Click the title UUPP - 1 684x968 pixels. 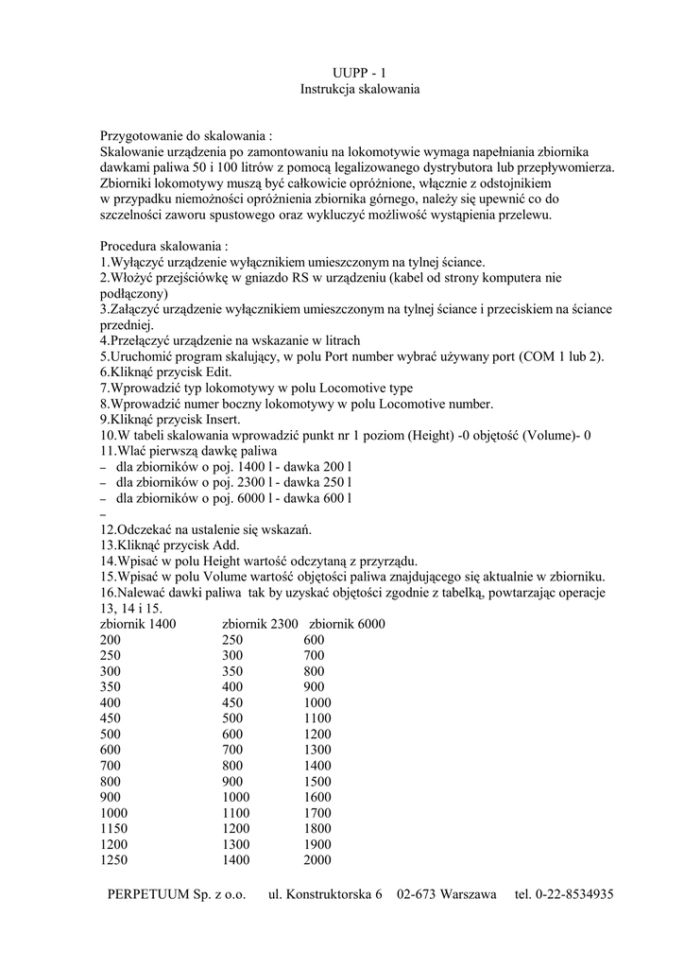click(x=359, y=73)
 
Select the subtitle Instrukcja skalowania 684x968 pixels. click(x=359, y=89)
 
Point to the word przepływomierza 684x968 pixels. click(x=563, y=167)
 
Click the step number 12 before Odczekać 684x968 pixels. click(x=107, y=529)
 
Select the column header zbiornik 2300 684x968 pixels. click(x=260, y=625)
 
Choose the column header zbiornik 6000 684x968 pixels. click(x=347, y=625)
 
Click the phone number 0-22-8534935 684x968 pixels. click(x=575, y=894)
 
